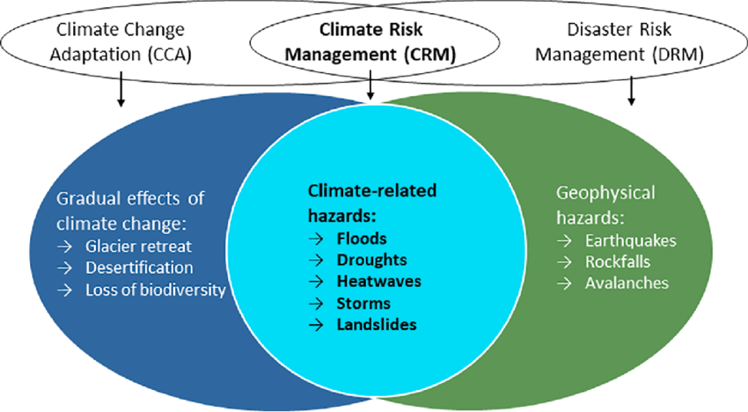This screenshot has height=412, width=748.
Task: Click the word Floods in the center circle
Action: [x=362, y=239]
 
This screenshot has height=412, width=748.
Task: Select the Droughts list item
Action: [x=370, y=261]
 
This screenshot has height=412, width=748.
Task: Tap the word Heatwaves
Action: [x=378, y=282]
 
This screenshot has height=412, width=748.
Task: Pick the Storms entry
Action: [x=363, y=304]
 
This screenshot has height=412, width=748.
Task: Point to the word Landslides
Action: [x=377, y=325]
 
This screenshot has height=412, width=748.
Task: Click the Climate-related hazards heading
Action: [x=372, y=202]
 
